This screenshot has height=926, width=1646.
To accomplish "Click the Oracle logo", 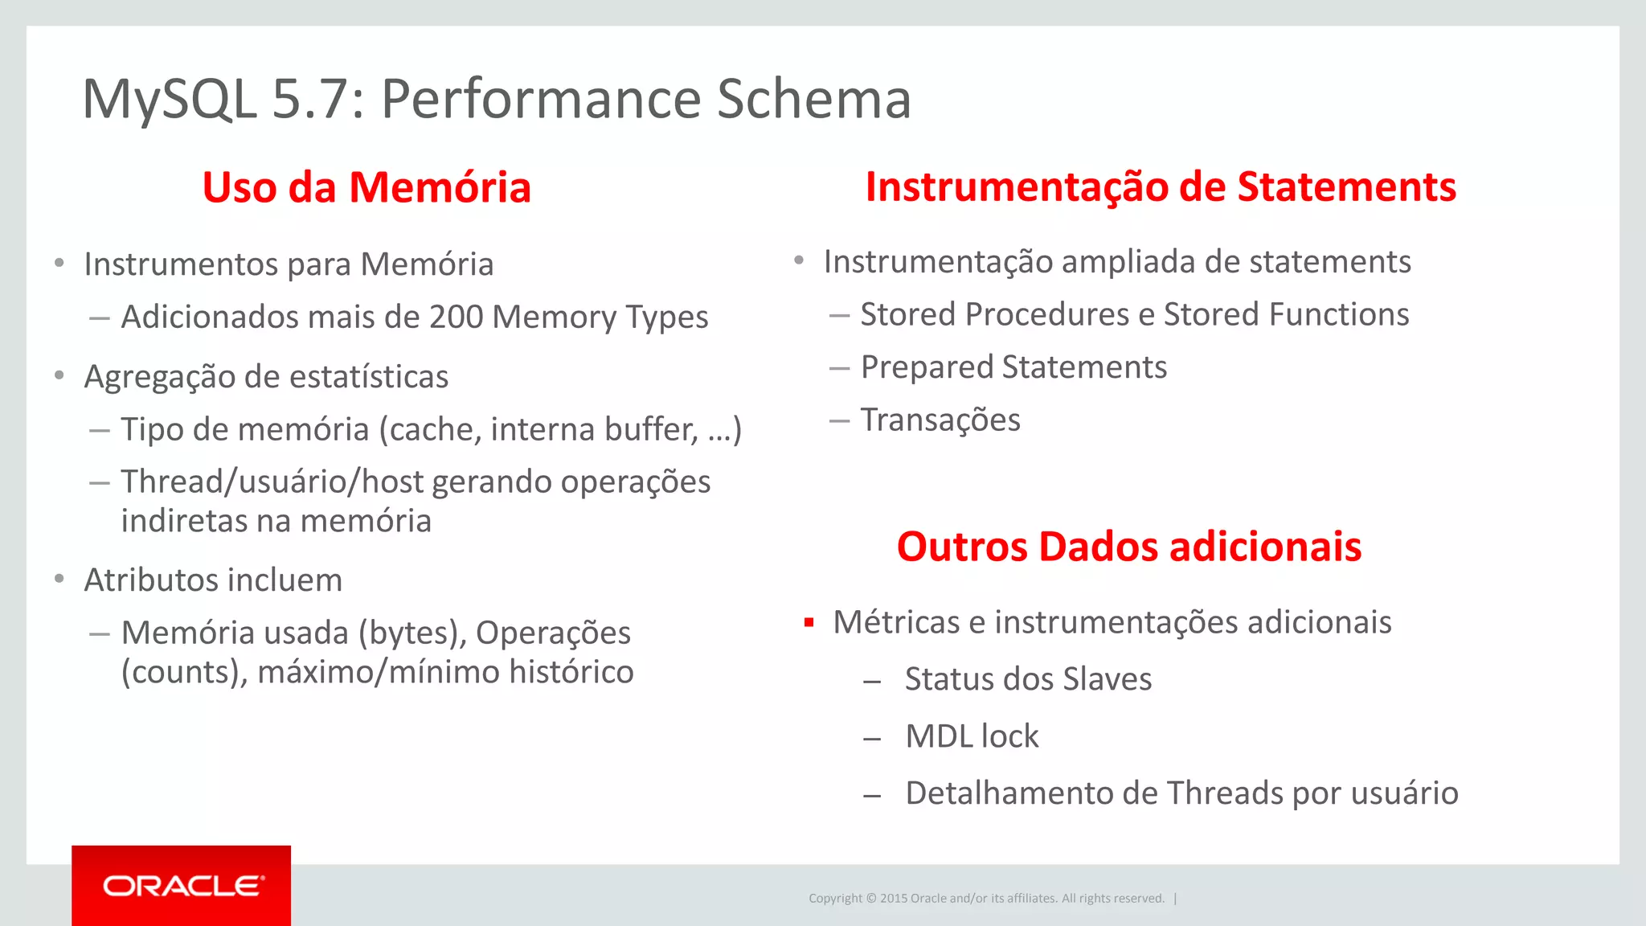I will (182, 886).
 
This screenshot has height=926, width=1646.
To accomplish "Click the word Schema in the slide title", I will (813, 99).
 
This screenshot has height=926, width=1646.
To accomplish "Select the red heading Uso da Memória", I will (366, 187).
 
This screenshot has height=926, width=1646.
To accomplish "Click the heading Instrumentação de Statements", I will (1161, 186).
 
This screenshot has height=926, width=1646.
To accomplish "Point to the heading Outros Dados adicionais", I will (1129, 547).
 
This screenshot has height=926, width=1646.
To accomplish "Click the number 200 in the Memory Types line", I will (456, 317).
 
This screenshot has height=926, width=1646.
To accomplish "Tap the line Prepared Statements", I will (1013, 367).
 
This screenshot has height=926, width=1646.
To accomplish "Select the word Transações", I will (940, 420).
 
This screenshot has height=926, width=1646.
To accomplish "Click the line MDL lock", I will (972, 736).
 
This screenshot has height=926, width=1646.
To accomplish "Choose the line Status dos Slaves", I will (1028, 679).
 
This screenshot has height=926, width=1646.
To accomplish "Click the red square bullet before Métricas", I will (809, 622).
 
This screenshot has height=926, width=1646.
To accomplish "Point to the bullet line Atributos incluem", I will (213, 580).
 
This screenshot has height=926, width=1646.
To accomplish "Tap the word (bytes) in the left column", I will (412, 633).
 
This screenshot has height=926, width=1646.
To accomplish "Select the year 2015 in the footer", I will (893, 899).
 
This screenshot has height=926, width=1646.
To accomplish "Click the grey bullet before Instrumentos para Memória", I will (59, 263).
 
